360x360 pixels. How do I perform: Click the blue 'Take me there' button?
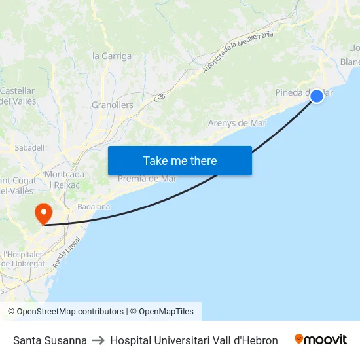pyautogui.click(x=180, y=160)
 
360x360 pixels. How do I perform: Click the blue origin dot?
pyautogui.click(x=316, y=96)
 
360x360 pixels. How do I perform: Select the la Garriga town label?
pyautogui.click(x=112, y=56)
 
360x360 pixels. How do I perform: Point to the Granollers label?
pyautogui.click(x=112, y=105)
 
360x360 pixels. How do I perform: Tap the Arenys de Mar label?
pyautogui.click(x=237, y=123)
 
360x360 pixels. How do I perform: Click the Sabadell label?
pyautogui.click(x=29, y=148)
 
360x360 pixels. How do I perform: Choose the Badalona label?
pyautogui.click(x=94, y=207)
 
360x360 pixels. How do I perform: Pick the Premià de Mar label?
pyautogui.click(x=147, y=179)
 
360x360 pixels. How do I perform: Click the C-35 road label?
pyautogui.click(x=159, y=98)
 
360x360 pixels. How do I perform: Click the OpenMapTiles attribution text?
pyautogui.click(x=166, y=312)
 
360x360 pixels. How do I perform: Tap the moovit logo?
pyautogui.click(x=320, y=340)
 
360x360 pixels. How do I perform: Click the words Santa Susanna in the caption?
pyautogui.click(x=50, y=340)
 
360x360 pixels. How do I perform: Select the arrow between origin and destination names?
pyautogui.click(x=98, y=340)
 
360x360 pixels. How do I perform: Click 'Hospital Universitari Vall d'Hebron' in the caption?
pyautogui.click(x=194, y=340)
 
